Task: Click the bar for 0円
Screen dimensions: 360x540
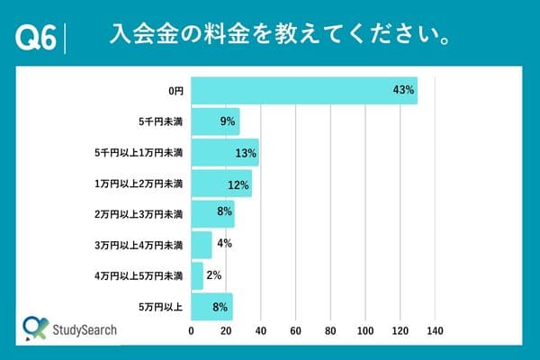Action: coord(304,91)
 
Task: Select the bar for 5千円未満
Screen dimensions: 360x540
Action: coord(215,121)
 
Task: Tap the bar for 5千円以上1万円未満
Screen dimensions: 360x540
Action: coord(225,153)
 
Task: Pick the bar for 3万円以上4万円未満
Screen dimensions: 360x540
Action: coord(202,245)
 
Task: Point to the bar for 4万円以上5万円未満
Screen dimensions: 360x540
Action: coord(197,275)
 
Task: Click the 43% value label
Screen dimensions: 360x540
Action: coord(402,90)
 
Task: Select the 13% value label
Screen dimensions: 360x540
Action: coord(246,153)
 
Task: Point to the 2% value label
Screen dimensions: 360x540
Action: coord(214,275)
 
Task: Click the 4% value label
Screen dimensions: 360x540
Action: coord(225,245)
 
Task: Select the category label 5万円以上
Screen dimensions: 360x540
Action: coord(162,307)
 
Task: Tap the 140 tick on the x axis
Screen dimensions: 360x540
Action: coord(436,331)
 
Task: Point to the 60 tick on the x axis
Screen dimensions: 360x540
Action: coord(295,331)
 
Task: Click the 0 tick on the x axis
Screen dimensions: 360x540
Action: coord(191,331)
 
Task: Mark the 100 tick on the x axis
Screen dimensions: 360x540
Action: coord(365,331)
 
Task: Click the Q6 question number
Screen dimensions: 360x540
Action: coord(37,38)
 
